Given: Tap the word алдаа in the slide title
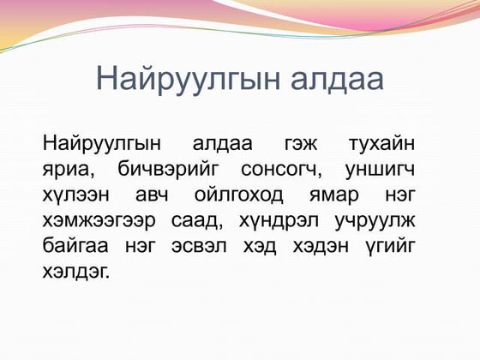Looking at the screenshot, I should [x=331, y=79].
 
